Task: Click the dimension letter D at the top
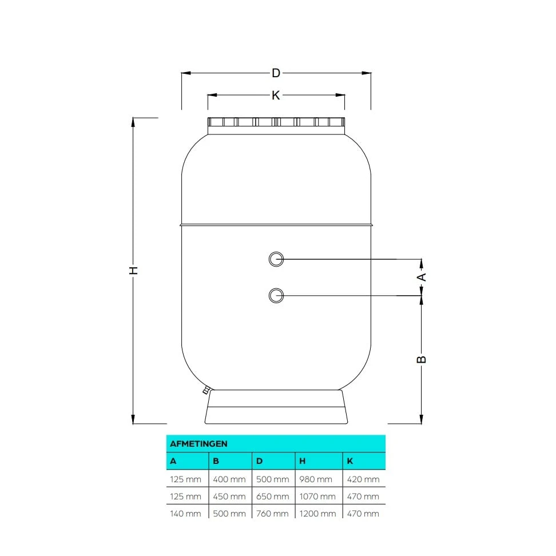pos(276,73)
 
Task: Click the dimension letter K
pos(276,95)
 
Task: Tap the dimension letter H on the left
pos(133,270)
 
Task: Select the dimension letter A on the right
pos(422,277)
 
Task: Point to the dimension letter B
pos(422,359)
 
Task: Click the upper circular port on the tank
pos(276,259)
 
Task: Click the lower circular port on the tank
pos(276,295)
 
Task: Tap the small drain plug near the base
pos(205,391)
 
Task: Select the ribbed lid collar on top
pos(276,122)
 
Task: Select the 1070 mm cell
pos(317,497)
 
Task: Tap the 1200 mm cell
pos(317,513)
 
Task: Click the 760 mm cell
pos(272,513)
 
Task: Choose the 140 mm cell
pos(185,513)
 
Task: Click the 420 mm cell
pos(363,479)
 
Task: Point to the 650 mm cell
pos(272,497)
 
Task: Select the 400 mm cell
pos(229,479)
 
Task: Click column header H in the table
pos(303,461)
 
